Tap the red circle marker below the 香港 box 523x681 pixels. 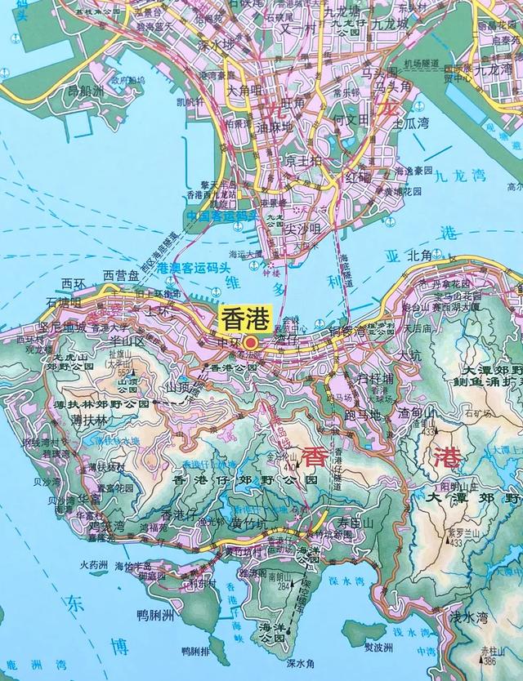coord(252,343)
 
